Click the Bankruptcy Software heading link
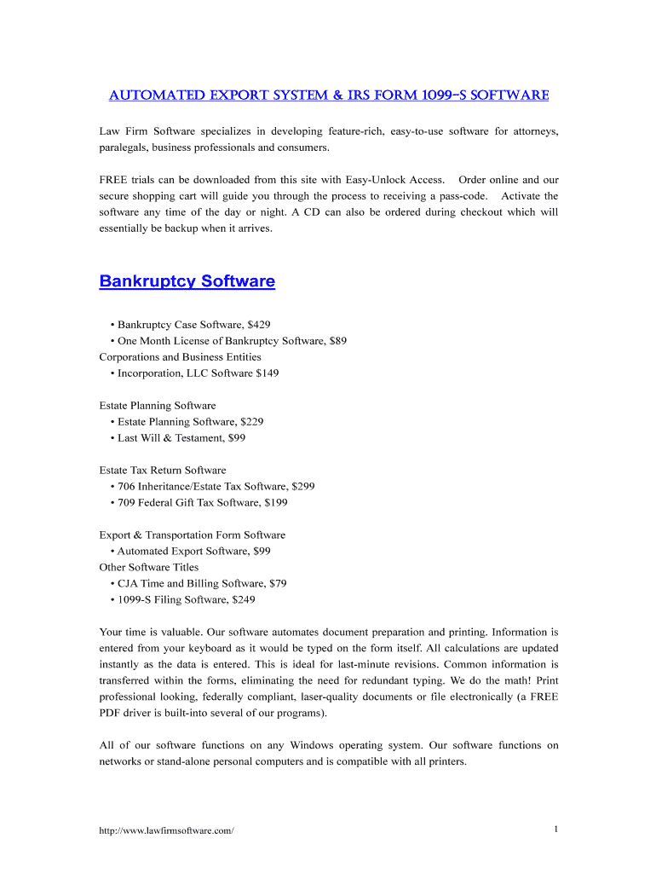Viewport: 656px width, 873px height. coord(187,281)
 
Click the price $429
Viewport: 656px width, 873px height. coord(258,325)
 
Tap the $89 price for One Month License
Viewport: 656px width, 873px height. coord(337,341)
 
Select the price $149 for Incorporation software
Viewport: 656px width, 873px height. coord(267,373)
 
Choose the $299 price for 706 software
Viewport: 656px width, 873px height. coord(302,487)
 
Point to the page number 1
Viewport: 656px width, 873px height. coord(555,830)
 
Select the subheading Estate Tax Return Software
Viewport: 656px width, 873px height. coord(163,471)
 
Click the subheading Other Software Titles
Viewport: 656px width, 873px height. coord(148,568)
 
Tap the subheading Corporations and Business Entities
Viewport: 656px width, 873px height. coord(180,357)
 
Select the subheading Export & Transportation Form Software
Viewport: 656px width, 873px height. coord(192,535)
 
